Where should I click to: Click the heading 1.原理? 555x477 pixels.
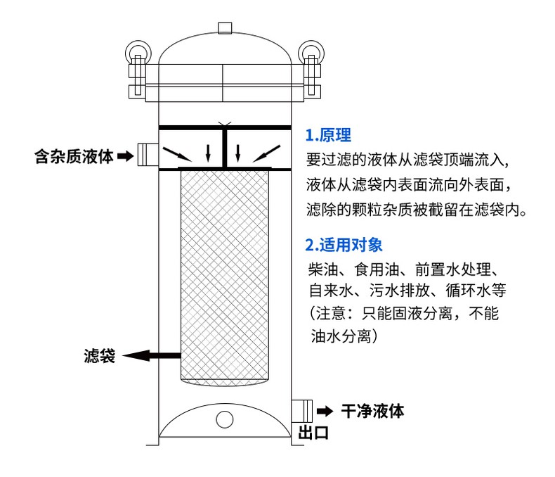[x=328, y=136]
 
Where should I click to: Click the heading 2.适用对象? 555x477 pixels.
[x=344, y=246]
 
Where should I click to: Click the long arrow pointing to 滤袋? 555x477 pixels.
[x=151, y=356]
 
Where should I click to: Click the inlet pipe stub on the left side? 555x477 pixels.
[x=146, y=154]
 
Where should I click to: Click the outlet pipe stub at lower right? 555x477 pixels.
[x=302, y=410]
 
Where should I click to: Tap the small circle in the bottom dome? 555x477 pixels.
[x=224, y=420]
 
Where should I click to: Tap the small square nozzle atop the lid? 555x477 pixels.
[x=225, y=27]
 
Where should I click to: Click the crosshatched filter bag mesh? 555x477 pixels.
[x=225, y=274]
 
